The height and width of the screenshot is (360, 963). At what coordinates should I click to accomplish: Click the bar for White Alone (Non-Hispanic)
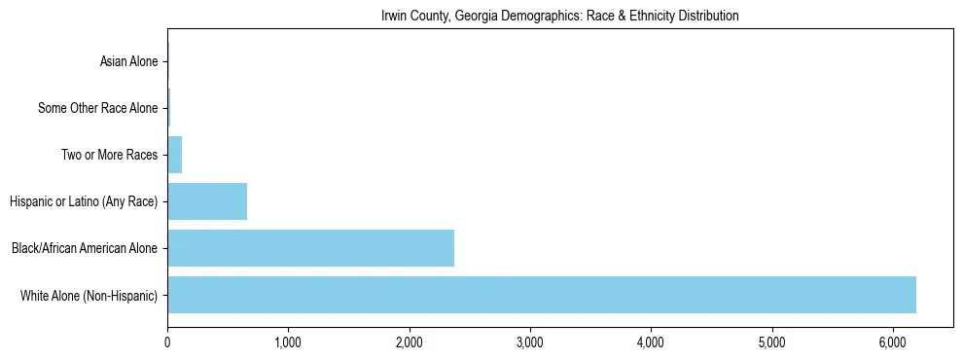tap(542, 295)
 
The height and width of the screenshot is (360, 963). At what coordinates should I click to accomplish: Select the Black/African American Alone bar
tap(310, 248)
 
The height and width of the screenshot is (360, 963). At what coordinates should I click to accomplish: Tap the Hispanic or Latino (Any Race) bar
tap(207, 201)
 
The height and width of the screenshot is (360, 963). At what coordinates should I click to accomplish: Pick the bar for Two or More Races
tap(175, 155)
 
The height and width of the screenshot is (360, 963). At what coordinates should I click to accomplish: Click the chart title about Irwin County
tap(559, 16)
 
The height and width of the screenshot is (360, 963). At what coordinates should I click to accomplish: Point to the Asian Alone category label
tap(128, 61)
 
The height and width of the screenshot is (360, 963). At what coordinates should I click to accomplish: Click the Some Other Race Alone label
tap(97, 108)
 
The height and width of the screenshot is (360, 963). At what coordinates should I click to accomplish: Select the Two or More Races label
tap(109, 155)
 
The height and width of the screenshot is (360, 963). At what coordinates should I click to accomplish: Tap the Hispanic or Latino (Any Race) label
tap(84, 201)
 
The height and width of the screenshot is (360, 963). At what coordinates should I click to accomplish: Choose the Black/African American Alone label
tap(85, 248)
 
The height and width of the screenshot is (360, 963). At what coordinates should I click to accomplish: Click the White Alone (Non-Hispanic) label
tap(89, 295)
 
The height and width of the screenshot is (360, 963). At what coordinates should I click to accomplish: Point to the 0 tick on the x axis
tap(167, 342)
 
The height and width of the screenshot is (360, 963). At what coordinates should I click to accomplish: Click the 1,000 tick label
tap(288, 342)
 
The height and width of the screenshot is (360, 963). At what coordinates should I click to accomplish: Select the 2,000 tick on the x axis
tap(409, 342)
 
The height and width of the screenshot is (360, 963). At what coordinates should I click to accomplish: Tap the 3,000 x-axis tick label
tap(530, 342)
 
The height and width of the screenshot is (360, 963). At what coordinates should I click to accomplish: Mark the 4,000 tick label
tap(651, 342)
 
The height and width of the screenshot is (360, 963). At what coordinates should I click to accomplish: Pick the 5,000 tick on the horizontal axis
tap(771, 342)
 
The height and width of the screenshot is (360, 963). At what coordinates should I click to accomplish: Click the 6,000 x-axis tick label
tap(893, 342)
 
